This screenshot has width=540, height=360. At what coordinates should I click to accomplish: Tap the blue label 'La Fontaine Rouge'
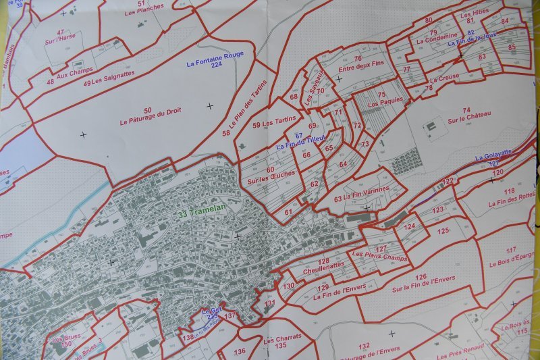pos(215,56)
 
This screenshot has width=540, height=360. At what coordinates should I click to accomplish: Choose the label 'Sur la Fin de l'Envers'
pos(423,284)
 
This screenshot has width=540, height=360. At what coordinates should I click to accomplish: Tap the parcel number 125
pos(443,231)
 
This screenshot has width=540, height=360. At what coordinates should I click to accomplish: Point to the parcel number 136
pos(240,351)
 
